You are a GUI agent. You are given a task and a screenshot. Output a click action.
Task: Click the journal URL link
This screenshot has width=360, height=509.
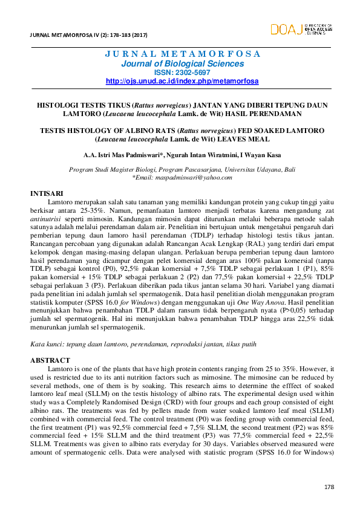pos(182,80)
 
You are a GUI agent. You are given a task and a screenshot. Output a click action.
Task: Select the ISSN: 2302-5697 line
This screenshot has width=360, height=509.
pos(182,72)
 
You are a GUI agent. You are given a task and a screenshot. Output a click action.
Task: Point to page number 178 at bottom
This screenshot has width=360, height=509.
pos(329,487)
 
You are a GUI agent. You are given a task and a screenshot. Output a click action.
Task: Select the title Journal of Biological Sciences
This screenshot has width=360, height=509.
pos(182,63)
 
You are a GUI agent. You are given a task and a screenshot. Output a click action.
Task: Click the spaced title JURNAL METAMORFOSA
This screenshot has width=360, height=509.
pos(182,53)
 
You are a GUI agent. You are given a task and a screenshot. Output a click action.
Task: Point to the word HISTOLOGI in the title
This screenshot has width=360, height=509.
pos(59,105)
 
